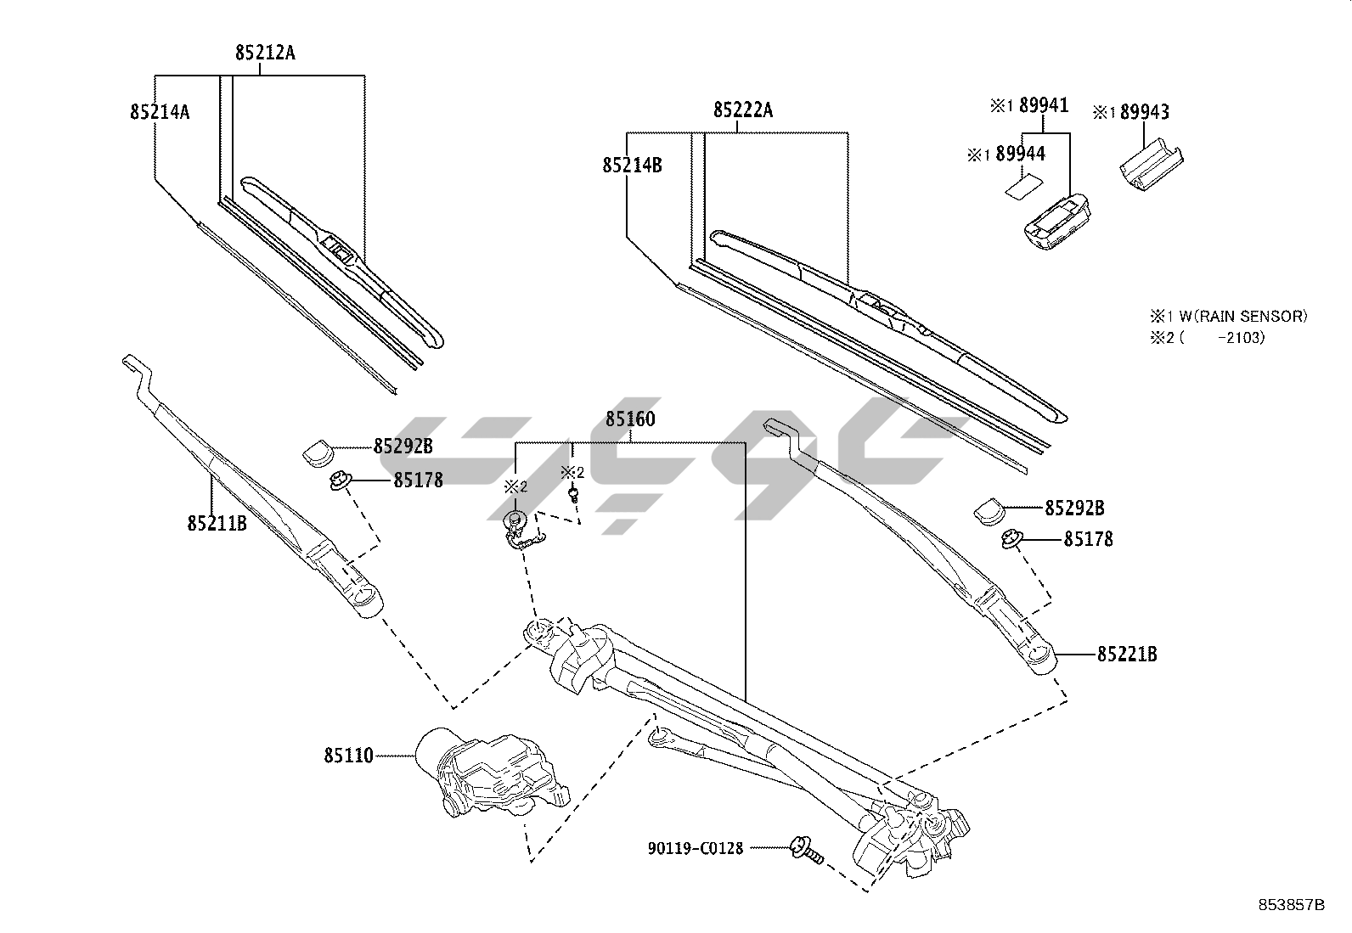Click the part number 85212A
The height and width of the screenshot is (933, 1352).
pyautogui.click(x=265, y=53)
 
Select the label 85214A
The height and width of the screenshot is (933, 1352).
pyautogui.click(x=160, y=111)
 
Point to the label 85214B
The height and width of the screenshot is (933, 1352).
pyautogui.click(x=632, y=165)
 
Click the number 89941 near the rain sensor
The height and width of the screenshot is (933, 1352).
pyautogui.click(x=1044, y=105)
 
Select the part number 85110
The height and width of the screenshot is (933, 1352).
pyautogui.click(x=348, y=755)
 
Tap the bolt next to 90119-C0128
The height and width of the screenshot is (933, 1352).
pyautogui.click(x=806, y=850)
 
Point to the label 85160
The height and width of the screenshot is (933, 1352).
pyautogui.click(x=630, y=419)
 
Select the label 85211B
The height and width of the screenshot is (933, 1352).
pyautogui.click(x=217, y=523)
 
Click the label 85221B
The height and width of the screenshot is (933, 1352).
pyautogui.click(x=1127, y=655)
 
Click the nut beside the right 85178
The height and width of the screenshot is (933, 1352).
pyautogui.click(x=1011, y=538)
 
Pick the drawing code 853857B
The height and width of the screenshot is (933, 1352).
pyautogui.click(x=1291, y=905)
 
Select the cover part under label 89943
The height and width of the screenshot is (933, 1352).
pyautogui.click(x=1149, y=165)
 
